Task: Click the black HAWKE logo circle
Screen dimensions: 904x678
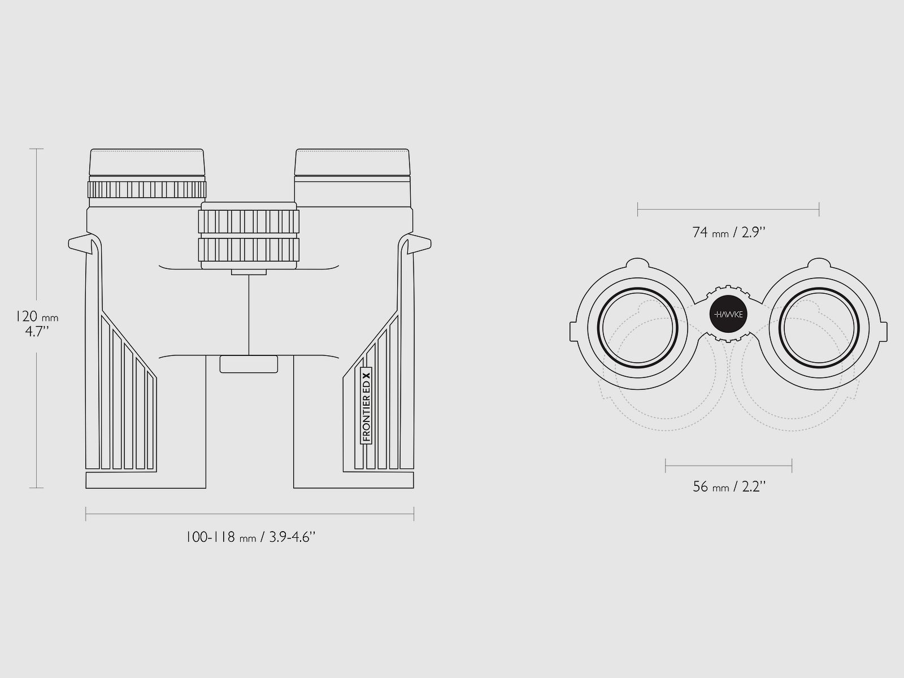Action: [x=728, y=314]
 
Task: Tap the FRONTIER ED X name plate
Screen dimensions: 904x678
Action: [x=366, y=406]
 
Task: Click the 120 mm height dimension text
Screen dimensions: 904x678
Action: [x=37, y=316]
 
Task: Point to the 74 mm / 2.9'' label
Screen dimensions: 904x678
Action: [x=728, y=233]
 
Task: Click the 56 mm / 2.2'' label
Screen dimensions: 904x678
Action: [x=728, y=487]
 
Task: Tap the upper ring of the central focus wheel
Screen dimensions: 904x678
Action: [x=249, y=222]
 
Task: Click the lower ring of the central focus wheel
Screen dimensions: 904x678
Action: [x=249, y=250]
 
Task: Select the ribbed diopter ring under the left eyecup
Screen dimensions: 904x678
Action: [x=147, y=189]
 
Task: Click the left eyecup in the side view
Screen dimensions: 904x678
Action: [x=147, y=163]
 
